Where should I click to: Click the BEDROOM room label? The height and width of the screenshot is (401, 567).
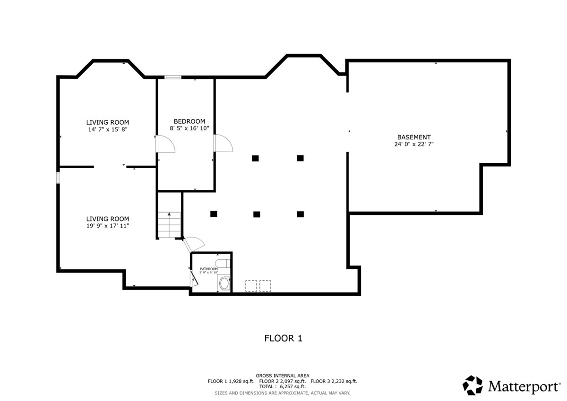click(189, 121)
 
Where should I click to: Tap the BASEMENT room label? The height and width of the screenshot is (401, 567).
click(414, 137)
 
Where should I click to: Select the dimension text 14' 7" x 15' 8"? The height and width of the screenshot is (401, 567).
click(108, 129)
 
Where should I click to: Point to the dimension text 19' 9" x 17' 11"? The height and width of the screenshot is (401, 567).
click(108, 226)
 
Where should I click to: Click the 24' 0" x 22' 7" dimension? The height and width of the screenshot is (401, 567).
click(414, 144)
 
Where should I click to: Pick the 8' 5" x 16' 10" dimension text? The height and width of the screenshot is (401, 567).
click(189, 128)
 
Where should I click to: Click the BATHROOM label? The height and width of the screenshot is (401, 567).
click(209, 269)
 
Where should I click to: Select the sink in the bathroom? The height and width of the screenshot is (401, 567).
click(224, 283)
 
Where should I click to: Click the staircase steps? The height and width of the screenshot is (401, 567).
click(169, 225)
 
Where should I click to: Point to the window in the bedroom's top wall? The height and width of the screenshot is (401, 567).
click(173, 77)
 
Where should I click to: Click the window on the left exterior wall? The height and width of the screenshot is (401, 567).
click(58, 178)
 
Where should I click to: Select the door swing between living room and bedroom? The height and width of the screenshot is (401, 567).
click(165, 144)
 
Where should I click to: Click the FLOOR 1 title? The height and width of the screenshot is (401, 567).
click(283, 338)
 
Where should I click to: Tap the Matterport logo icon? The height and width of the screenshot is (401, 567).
click(472, 385)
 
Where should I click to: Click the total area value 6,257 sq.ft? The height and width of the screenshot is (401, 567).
click(292, 386)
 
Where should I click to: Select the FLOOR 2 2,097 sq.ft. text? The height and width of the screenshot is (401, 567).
click(283, 381)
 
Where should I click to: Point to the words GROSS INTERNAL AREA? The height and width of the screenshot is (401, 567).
click(283, 375)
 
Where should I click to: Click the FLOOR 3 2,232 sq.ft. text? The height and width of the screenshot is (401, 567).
click(334, 381)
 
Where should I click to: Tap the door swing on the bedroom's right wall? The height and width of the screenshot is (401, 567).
click(223, 143)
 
